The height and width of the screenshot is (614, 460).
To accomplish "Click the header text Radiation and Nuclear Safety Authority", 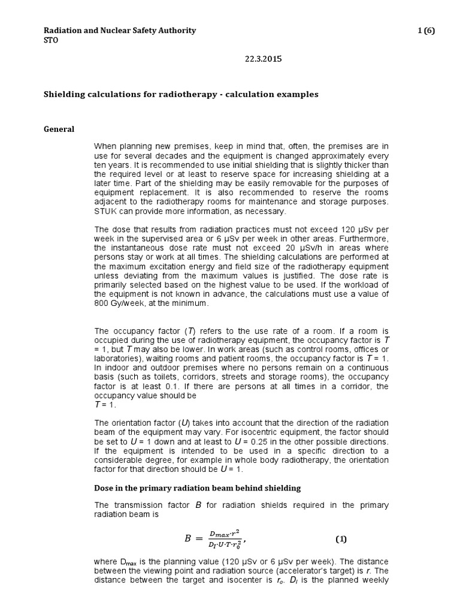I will coord(120,31).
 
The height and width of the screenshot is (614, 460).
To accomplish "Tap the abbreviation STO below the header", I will coord(53,40).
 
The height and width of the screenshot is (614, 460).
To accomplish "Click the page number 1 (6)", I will coord(426,31).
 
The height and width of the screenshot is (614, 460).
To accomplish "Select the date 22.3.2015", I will coord(263,59).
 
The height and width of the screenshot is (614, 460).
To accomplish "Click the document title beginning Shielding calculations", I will coord(181,94).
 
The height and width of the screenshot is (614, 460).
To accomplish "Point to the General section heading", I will coord(60,129).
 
